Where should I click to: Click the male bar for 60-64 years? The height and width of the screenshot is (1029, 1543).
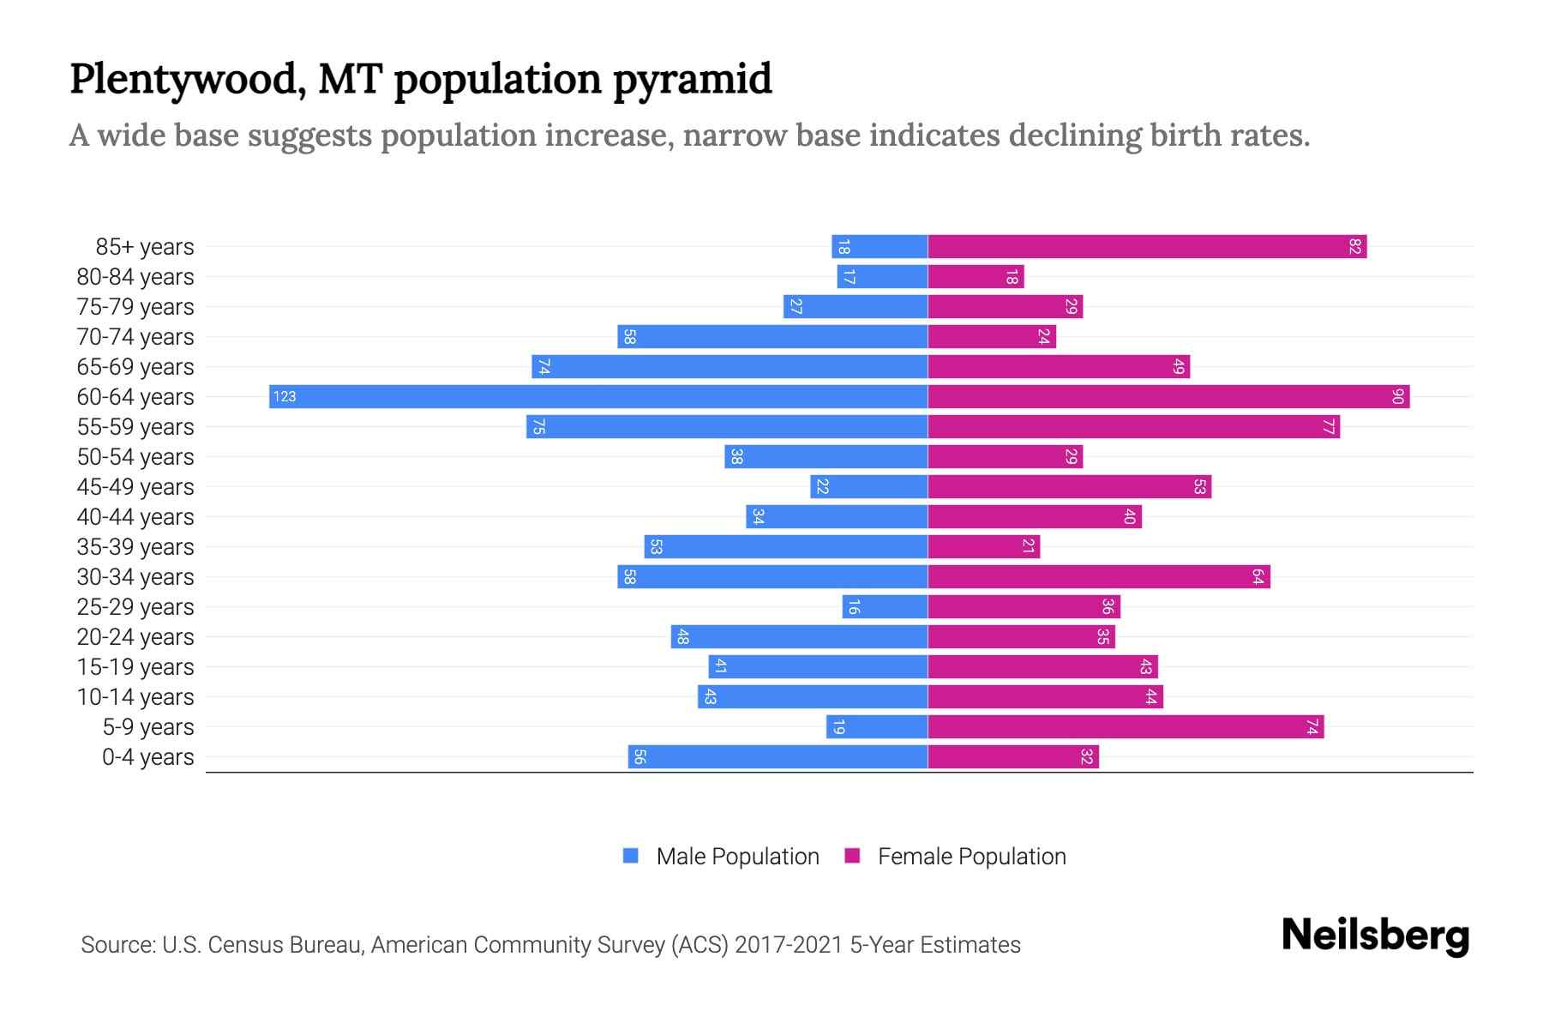(598, 396)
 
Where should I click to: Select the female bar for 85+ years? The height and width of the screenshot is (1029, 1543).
(1147, 246)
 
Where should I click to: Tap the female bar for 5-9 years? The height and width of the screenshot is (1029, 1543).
(1126, 727)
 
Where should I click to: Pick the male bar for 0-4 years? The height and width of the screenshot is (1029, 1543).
(778, 757)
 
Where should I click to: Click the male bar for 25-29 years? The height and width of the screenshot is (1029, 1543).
(885, 607)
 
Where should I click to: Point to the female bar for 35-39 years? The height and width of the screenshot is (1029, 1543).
(983, 547)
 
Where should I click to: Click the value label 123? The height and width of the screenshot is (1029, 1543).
(285, 397)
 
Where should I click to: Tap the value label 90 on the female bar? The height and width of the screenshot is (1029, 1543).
(1397, 397)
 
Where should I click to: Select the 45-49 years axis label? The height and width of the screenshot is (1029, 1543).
(135, 487)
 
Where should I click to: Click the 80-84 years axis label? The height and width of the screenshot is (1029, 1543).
(135, 277)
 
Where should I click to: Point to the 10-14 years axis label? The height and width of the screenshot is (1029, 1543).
(135, 697)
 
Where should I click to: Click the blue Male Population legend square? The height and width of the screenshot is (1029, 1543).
(631, 856)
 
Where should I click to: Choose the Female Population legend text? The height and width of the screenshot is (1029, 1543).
(971, 857)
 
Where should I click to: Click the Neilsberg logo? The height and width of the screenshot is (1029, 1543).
(1375, 936)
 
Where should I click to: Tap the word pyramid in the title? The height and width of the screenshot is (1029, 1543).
(692, 81)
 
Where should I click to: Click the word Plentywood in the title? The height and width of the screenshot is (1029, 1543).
(183, 81)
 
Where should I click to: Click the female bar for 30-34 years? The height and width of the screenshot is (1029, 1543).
(1099, 577)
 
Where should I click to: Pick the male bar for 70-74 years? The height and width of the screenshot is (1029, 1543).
(772, 337)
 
